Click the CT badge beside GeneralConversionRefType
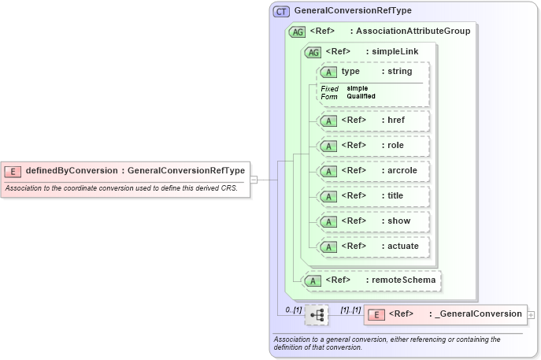tap(281, 12)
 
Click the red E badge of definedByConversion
tap(13, 170)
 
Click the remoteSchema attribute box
tap(372, 280)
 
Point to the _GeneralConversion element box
tap(446, 314)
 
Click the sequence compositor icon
tap(317, 314)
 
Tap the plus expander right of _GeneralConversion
tap(532, 314)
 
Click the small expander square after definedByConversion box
tap(254, 180)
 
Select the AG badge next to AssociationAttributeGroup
tap(298, 32)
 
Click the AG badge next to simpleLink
tap(313, 52)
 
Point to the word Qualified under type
tap(361, 96)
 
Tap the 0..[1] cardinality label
tap(293, 309)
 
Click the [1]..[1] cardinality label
tap(350, 309)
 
